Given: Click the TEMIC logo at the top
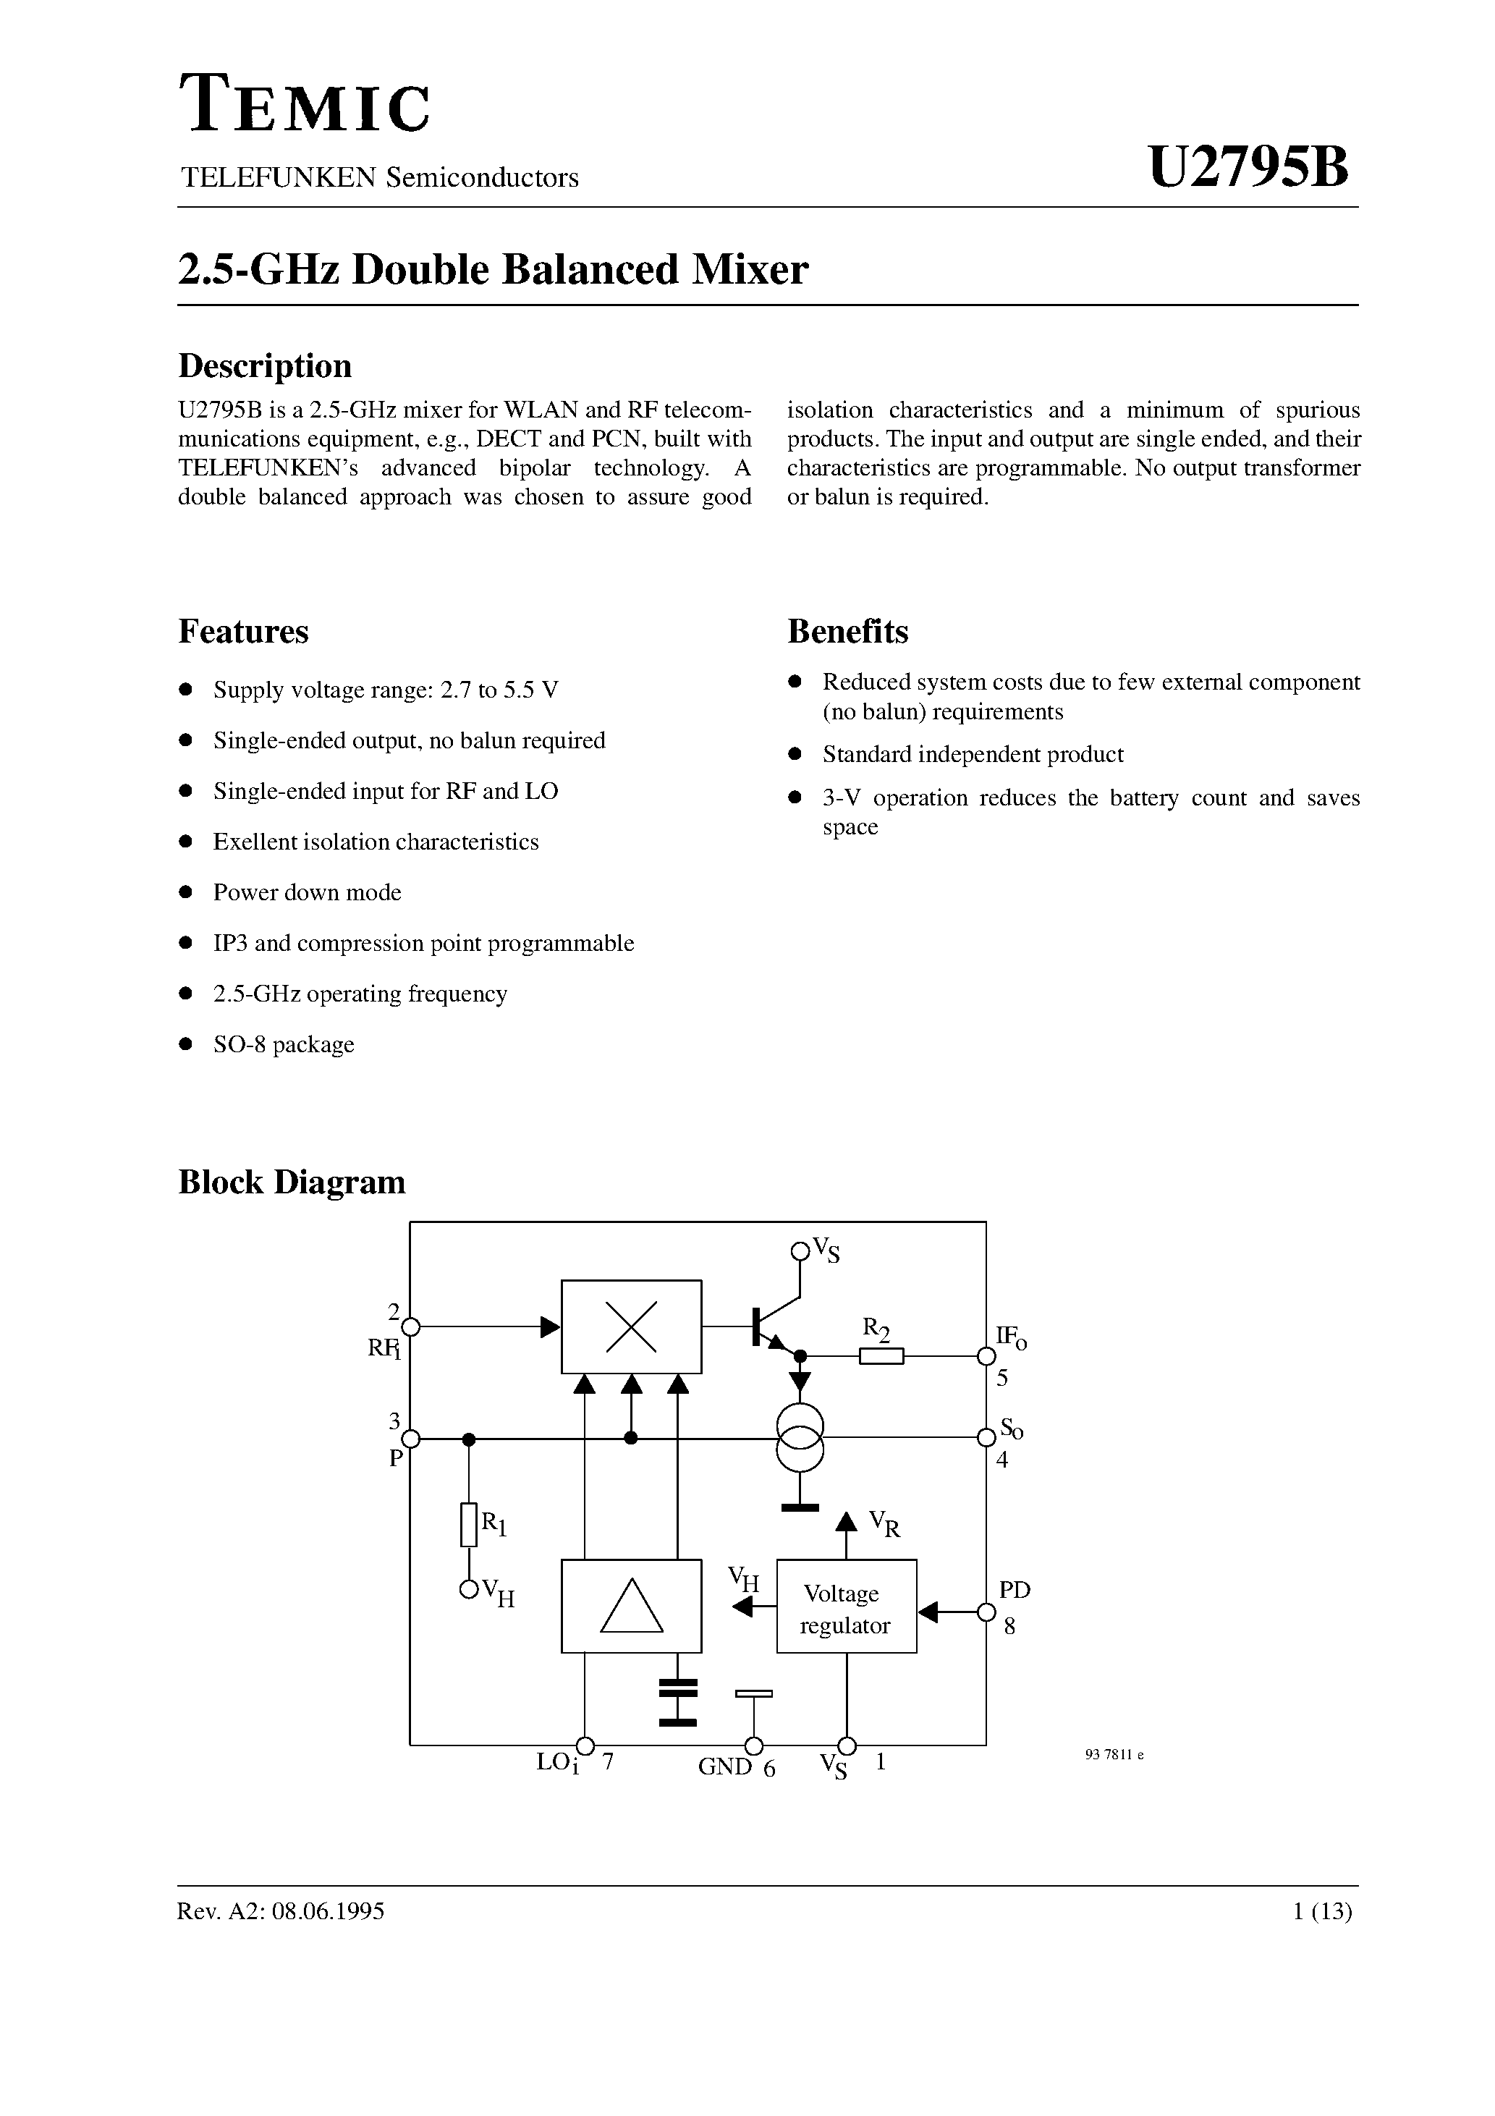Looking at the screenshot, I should [x=304, y=103].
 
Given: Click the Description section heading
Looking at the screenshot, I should [x=265, y=366].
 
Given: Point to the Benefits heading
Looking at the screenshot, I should [x=847, y=631].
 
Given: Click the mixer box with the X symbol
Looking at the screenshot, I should [x=632, y=1326].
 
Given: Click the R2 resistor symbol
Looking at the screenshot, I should [x=881, y=1355].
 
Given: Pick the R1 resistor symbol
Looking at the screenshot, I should [x=469, y=1524].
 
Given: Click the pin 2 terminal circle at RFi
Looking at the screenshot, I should [x=412, y=1327].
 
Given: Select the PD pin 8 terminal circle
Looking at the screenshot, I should [x=986, y=1612].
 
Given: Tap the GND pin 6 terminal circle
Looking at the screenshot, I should [x=754, y=1745].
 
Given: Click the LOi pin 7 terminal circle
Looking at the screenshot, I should [x=585, y=1745].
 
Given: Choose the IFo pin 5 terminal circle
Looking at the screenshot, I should [x=986, y=1355].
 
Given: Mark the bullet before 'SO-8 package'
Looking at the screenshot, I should [x=185, y=1044].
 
